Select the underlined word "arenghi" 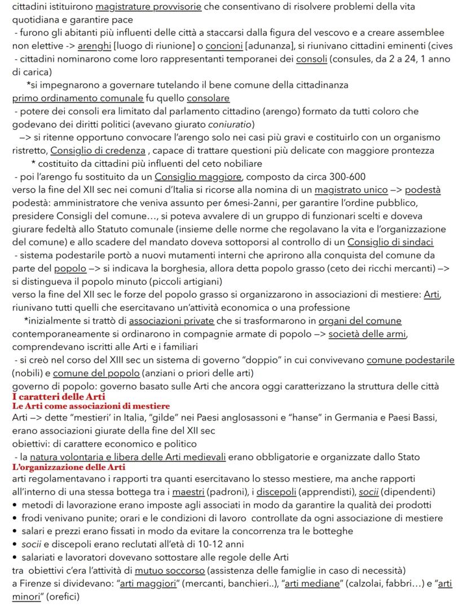(94, 46)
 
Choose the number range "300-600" (346, 176)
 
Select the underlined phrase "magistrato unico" (351, 190)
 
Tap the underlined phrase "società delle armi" (367, 334)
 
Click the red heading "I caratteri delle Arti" (51, 397)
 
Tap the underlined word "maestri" (188, 491)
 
